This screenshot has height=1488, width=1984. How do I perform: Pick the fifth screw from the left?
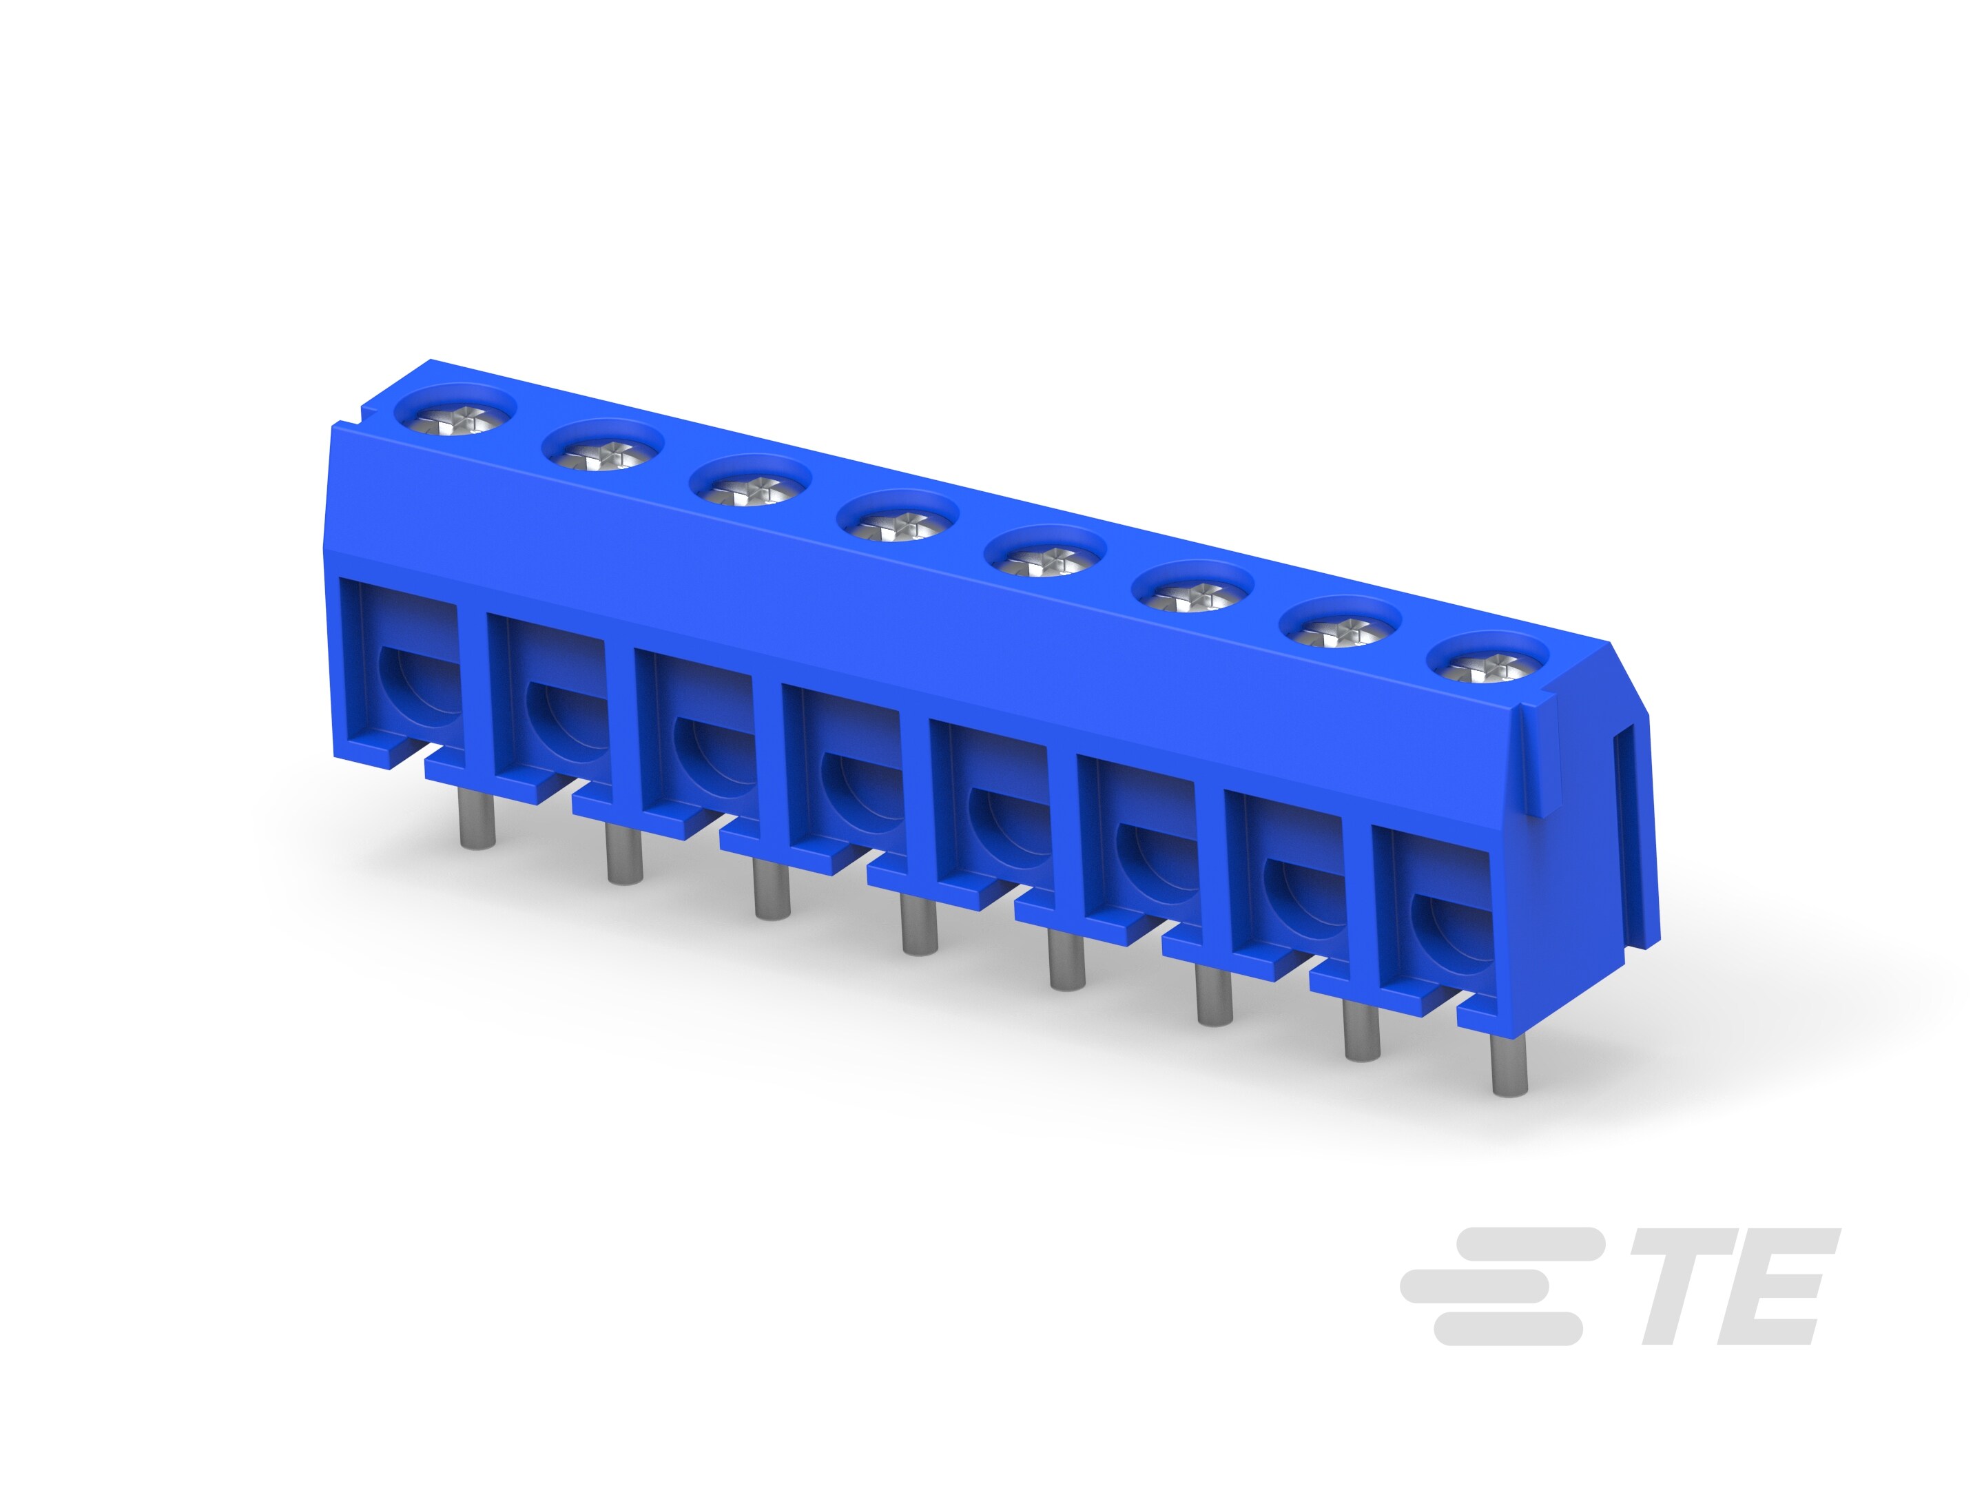[x=1045, y=559]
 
